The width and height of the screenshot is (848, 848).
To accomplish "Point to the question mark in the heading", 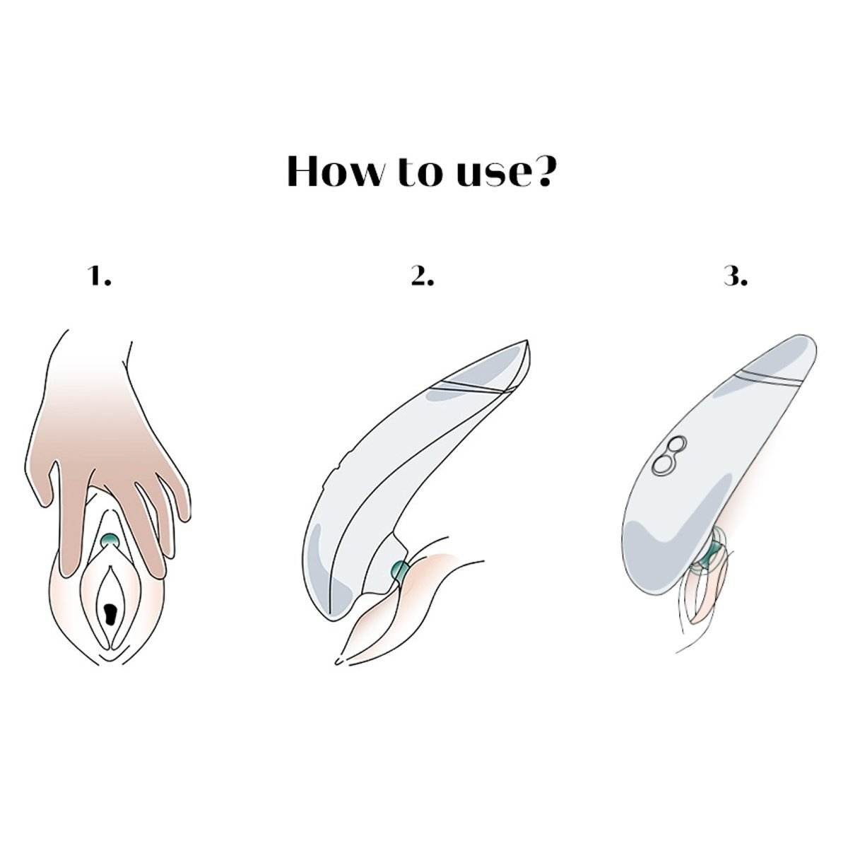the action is tap(542, 171).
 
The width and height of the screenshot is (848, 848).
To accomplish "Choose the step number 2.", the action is tap(423, 276).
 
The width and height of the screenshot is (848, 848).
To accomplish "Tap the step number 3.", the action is tap(736, 276).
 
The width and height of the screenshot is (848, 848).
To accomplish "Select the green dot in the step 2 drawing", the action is tap(400, 570).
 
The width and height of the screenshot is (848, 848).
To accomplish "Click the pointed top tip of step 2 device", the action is tap(526, 341).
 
